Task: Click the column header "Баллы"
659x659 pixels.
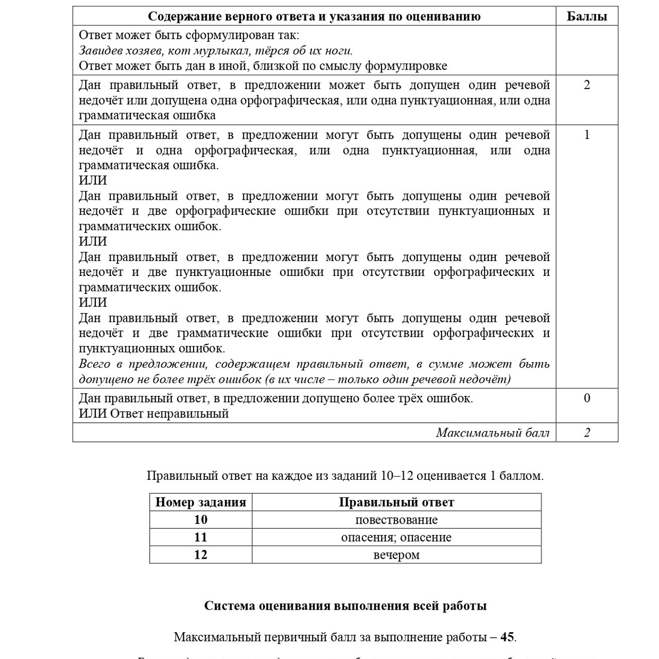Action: (x=586, y=16)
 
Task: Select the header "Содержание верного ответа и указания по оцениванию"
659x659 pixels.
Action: (x=314, y=16)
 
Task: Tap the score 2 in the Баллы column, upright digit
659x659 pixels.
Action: (x=586, y=85)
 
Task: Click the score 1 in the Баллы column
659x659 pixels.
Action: (x=586, y=135)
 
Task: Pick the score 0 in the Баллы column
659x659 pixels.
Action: (x=586, y=398)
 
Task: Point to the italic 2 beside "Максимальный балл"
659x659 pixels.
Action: (x=586, y=432)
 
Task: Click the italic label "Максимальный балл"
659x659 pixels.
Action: (x=492, y=432)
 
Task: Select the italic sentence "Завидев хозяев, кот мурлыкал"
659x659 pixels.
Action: (x=216, y=50)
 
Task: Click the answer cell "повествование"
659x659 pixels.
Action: (x=396, y=519)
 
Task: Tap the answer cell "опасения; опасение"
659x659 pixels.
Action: (x=396, y=537)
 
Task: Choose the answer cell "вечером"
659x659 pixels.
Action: (x=396, y=554)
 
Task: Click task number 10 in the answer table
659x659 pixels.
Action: (x=200, y=519)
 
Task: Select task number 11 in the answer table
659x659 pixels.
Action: (x=200, y=537)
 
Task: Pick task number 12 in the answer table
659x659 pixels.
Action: (x=200, y=554)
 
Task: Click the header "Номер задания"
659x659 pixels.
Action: (x=200, y=502)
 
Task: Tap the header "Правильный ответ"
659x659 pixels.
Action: (x=396, y=502)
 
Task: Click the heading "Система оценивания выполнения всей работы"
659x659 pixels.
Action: (x=345, y=605)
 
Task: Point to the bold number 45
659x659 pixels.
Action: (x=507, y=637)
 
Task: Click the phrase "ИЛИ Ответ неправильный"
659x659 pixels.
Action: (x=153, y=413)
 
